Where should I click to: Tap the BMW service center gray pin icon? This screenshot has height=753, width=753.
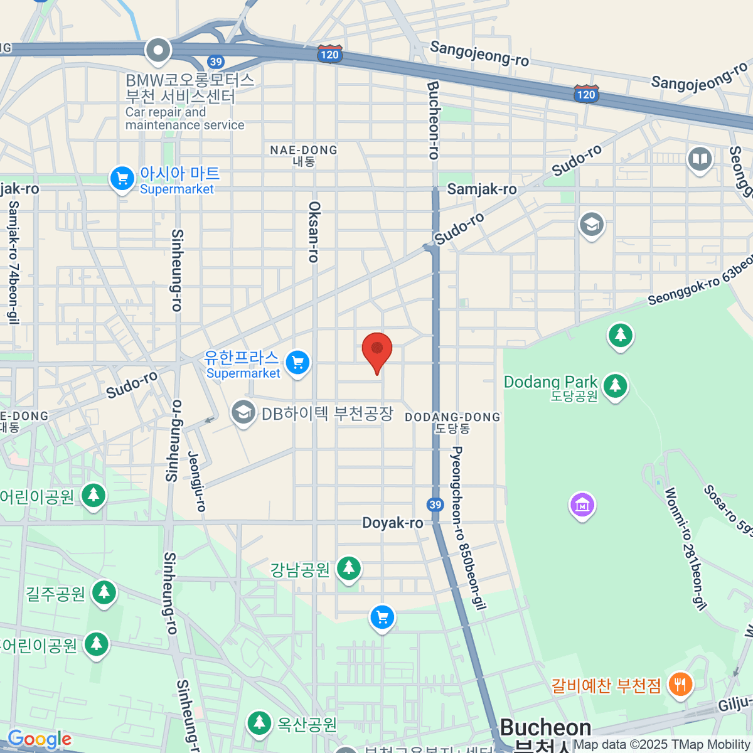point(158,51)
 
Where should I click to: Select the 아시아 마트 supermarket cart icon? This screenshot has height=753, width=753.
point(122,179)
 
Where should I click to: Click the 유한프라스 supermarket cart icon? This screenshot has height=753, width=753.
point(297,363)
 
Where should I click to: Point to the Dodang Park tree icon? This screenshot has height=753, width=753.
point(615,385)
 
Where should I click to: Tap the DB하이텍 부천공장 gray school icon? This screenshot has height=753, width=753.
point(243,413)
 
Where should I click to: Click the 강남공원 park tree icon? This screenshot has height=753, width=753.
point(348,569)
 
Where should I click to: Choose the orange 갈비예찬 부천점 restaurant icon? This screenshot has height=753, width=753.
point(680,683)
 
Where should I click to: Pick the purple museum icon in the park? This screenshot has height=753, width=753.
point(582,505)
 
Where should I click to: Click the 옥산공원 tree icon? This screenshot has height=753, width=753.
point(259,723)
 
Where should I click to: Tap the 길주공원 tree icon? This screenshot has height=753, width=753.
point(104,592)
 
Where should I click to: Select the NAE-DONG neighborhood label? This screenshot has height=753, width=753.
point(304,155)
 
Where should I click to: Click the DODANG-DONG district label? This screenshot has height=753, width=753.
point(452,422)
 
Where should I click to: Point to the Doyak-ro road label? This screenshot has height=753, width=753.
point(392,523)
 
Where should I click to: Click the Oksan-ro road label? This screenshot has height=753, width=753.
point(314,232)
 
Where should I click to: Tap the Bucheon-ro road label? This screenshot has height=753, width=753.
point(433,119)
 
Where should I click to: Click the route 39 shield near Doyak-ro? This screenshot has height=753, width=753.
point(435,505)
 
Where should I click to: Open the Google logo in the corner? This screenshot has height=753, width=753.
point(39,739)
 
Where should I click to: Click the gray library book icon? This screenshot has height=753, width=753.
point(699,159)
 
